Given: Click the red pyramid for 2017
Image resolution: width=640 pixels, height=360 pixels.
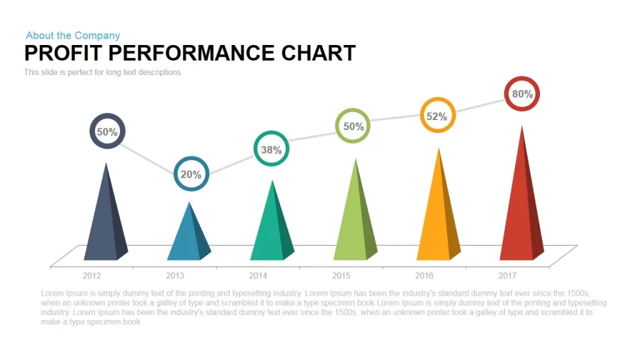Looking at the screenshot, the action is click(x=522, y=204).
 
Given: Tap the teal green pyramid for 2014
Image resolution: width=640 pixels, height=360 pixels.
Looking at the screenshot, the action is click(x=272, y=229).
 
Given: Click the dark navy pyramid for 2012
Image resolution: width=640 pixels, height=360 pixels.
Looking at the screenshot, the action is click(x=106, y=221).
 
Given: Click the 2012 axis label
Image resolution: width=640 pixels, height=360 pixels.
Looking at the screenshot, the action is click(x=92, y=276).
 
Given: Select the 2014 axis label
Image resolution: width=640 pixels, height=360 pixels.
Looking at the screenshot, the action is click(x=258, y=276).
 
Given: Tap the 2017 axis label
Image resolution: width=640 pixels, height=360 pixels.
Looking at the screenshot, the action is click(x=507, y=276).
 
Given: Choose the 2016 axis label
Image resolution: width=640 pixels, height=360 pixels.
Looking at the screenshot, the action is click(x=424, y=276).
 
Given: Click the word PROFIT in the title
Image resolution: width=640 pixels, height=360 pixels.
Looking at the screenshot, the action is click(x=63, y=53).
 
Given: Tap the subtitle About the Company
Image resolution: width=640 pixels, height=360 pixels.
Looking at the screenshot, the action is click(x=73, y=36).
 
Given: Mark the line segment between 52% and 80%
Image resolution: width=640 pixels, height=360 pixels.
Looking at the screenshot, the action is click(x=480, y=106).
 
